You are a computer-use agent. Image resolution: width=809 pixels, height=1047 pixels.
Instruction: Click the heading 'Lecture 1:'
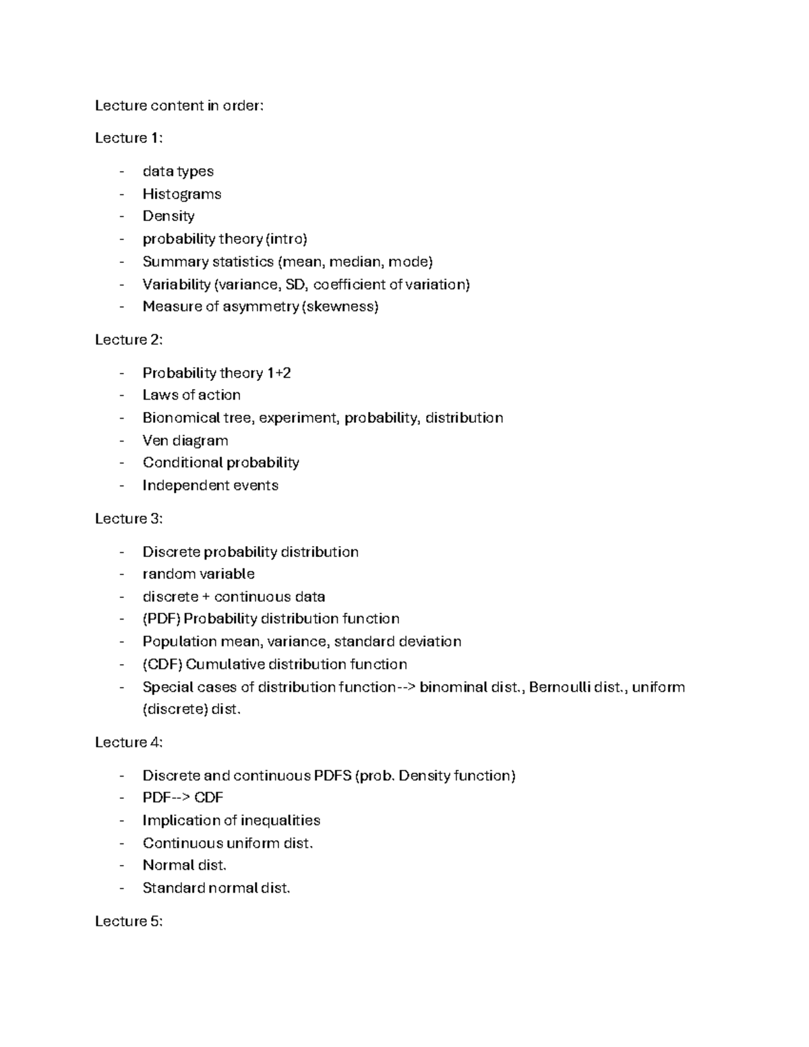(x=128, y=138)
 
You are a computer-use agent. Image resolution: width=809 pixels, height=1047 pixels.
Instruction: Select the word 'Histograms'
(x=181, y=194)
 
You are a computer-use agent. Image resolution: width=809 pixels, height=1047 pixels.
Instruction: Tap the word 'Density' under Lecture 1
(x=169, y=216)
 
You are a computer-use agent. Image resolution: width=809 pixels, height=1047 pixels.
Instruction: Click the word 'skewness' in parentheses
(x=340, y=307)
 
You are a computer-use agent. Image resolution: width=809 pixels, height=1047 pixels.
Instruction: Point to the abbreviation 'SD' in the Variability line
(x=295, y=285)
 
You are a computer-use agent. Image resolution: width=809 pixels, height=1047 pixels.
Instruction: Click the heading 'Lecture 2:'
(x=128, y=340)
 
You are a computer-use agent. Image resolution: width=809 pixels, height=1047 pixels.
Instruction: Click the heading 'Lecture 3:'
(x=128, y=518)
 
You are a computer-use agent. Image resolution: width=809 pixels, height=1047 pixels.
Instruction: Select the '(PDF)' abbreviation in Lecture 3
(x=161, y=619)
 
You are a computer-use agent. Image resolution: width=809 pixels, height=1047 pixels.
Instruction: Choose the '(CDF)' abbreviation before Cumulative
(x=162, y=665)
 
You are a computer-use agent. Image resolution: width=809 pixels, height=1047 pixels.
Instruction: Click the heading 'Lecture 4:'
(x=128, y=742)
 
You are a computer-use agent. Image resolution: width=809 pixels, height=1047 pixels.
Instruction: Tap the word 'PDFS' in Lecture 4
(x=332, y=776)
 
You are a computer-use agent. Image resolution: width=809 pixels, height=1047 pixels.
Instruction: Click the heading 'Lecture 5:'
(x=128, y=921)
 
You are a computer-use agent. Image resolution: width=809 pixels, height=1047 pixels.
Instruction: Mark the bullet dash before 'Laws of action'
(x=121, y=396)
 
